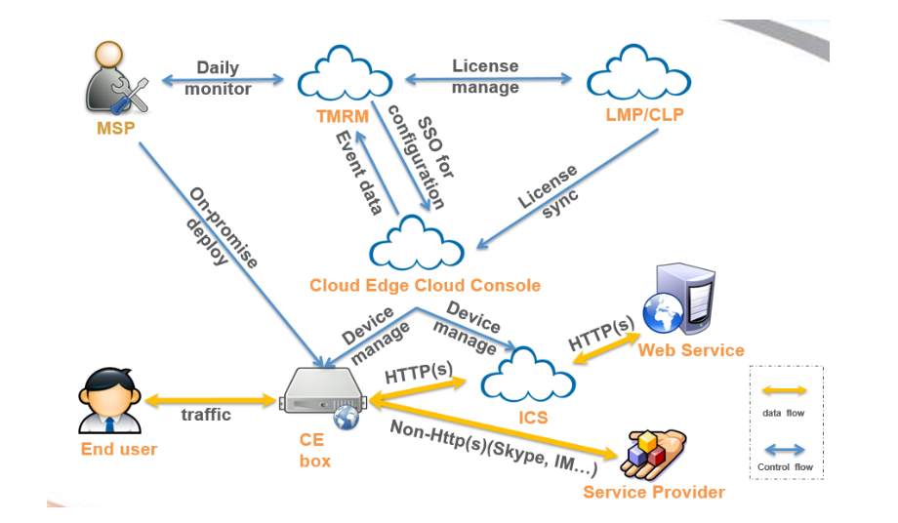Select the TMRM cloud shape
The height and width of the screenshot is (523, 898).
pyautogui.click(x=344, y=76)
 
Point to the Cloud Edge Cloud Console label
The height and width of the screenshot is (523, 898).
pyautogui.click(x=425, y=285)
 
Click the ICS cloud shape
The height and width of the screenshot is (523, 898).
pyautogui.click(x=529, y=374)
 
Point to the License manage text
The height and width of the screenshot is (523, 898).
pyautogui.click(x=485, y=77)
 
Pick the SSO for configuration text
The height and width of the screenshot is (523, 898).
pyautogui.click(x=418, y=161)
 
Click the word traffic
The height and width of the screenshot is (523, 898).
pyautogui.click(x=206, y=414)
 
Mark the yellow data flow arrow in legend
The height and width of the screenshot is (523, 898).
pyautogui.click(x=784, y=390)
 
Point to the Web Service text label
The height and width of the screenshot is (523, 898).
pyautogui.click(x=691, y=350)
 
